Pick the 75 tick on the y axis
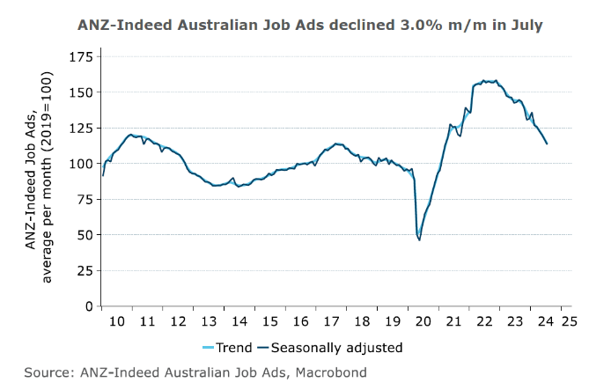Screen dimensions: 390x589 click(83, 199)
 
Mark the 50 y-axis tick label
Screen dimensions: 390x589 click(83, 235)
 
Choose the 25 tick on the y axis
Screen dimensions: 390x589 click(83, 270)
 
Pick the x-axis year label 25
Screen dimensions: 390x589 click(567, 322)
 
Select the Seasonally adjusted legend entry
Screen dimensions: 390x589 click(329, 348)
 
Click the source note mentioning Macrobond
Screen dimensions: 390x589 click(195, 372)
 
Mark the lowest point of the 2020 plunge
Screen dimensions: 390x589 click(419, 239)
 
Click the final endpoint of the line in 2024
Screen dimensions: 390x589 click(548, 143)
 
